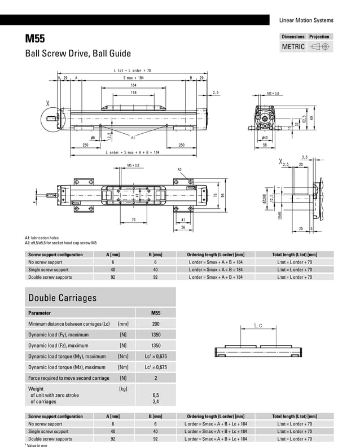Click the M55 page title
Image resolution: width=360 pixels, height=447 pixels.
[x=34, y=39]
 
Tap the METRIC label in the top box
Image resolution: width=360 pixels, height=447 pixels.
[x=293, y=47]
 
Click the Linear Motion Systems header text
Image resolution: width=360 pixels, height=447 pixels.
[x=306, y=20]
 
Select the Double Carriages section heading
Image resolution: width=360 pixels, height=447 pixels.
[x=62, y=297]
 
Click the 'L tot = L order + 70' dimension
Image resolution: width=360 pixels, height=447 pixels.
[x=132, y=70]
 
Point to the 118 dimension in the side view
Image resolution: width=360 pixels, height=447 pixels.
[x=134, y=92]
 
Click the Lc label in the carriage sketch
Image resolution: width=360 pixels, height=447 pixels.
[x=258, y=326]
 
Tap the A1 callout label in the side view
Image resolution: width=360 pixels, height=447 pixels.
[x=133, y=137]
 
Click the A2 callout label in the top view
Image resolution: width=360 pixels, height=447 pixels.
[x=180, y=169]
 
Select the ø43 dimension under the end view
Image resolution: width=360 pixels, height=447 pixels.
[x=264, y=137]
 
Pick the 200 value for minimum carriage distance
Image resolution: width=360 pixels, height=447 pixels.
[x=156, y=324]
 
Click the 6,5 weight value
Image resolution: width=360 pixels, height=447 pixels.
[x=156, y=395]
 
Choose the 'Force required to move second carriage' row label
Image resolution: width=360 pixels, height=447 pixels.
[x=69, y=378]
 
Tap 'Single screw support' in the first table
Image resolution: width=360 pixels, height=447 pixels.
[x=49, y=270]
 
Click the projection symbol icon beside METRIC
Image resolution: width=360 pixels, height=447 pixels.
[x=320, y=47]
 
